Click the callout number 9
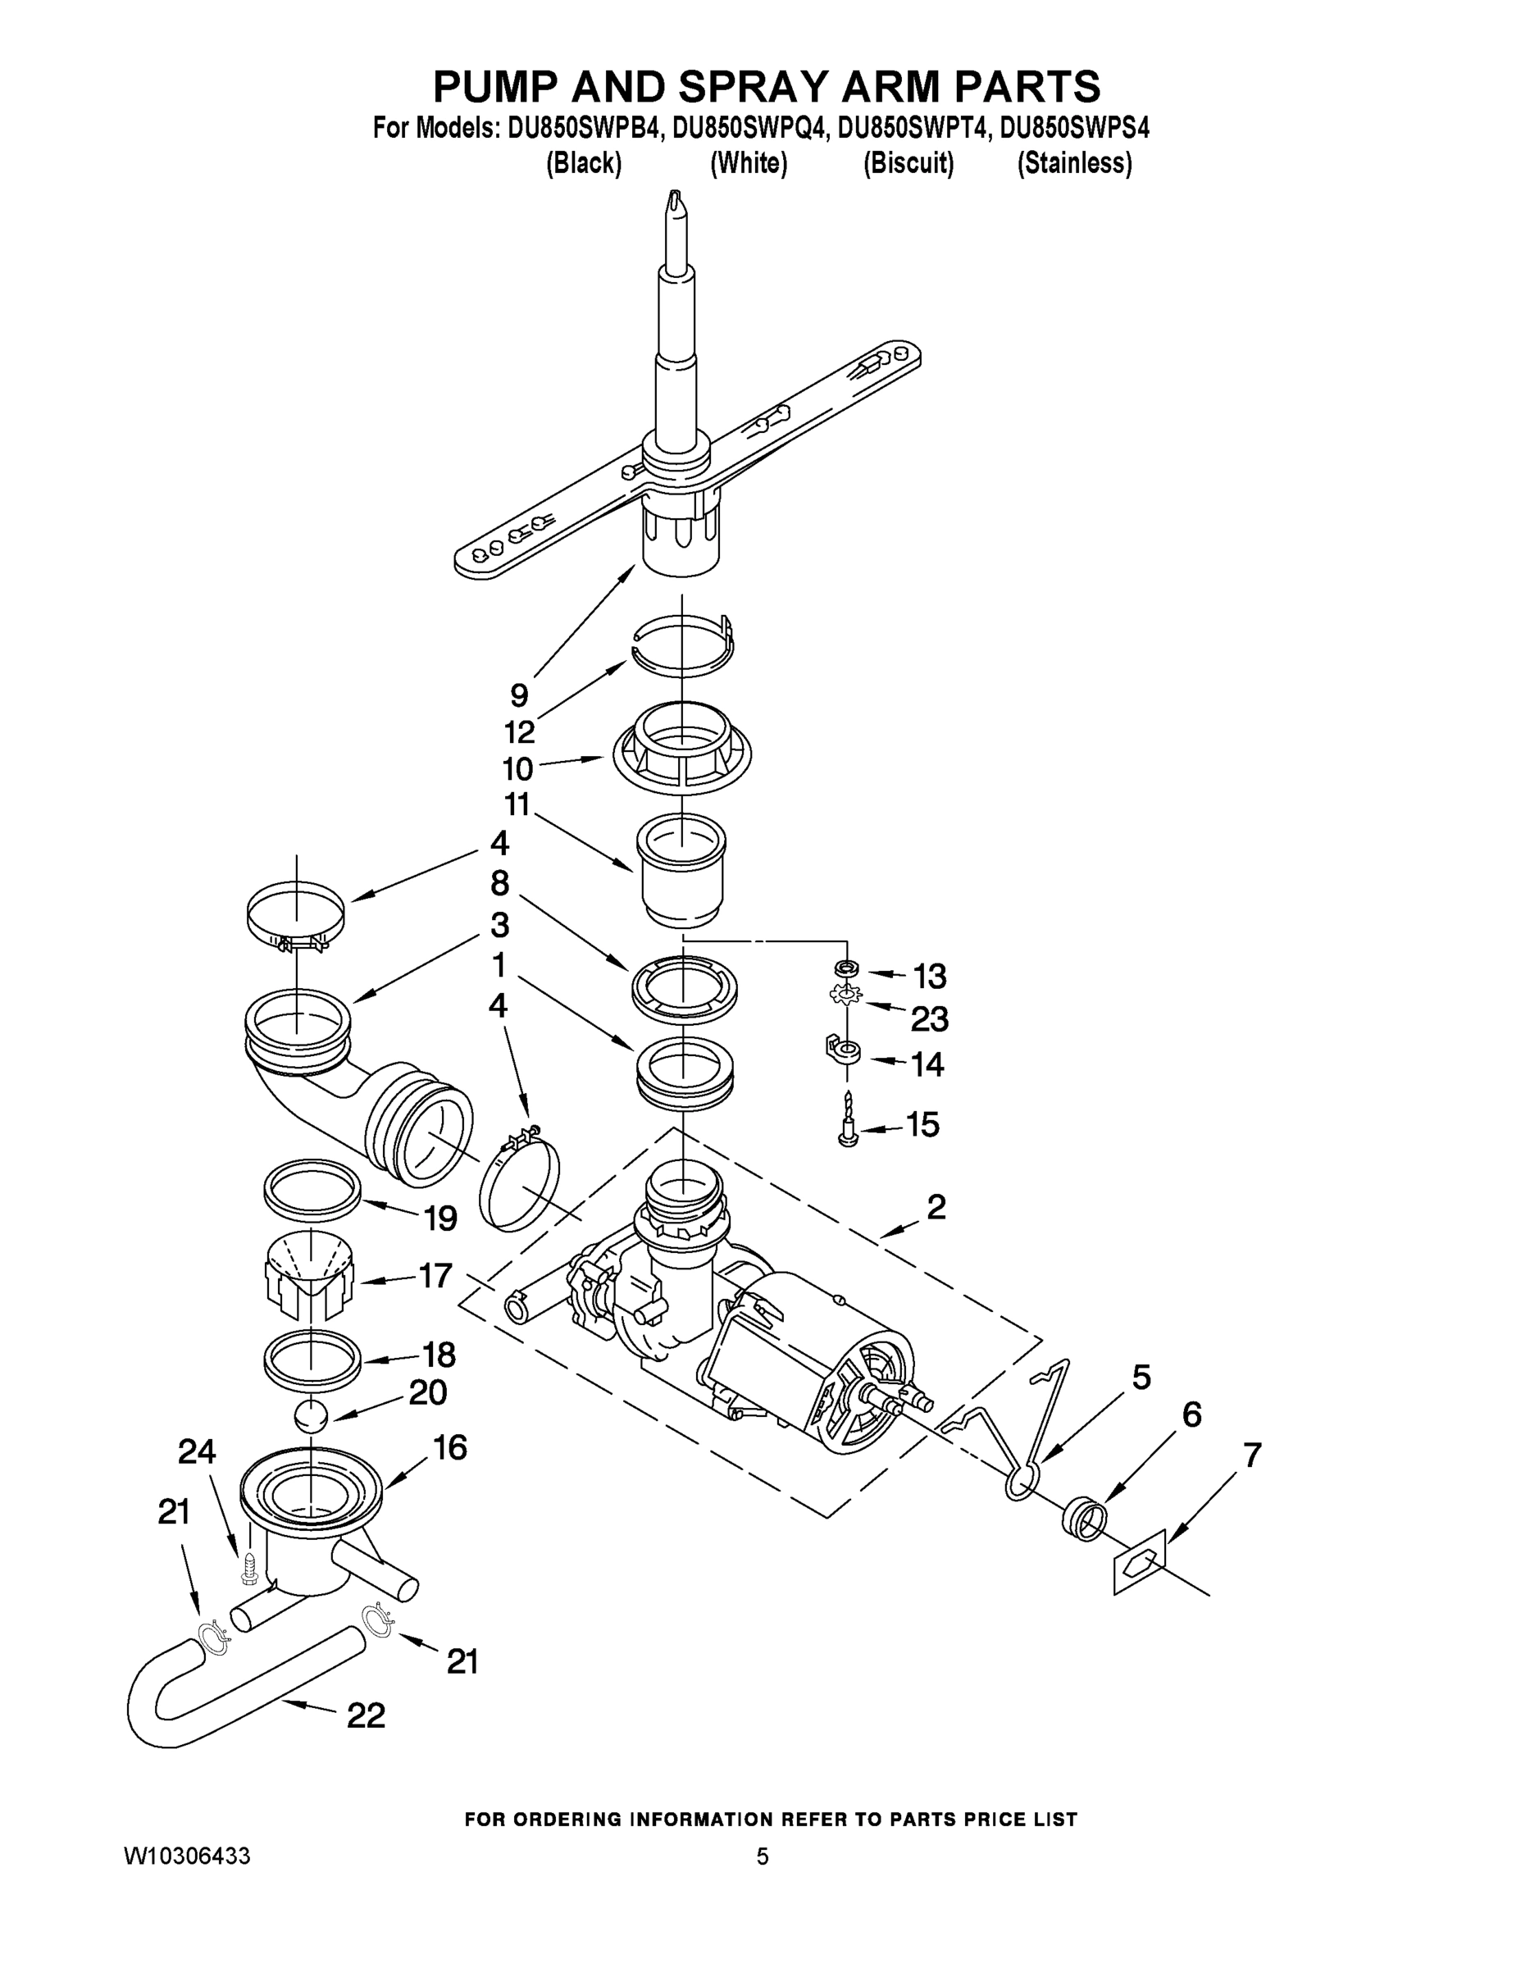coord(519,695)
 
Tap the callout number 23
coord(929,1019)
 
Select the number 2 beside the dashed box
coord(936,1206)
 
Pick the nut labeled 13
coord(847,968)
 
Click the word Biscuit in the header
coord(909,163)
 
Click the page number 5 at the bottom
coord(763,1856)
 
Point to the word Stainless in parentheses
coord(1074,163)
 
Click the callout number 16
coord(449,1448)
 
